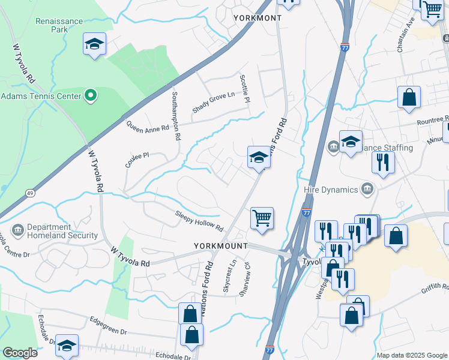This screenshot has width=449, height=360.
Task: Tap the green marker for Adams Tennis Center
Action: point(91,95)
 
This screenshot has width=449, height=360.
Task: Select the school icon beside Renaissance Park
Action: point(94,44)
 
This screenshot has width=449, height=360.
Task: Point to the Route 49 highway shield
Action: point(29,193)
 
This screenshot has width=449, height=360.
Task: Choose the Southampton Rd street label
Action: point(175,116)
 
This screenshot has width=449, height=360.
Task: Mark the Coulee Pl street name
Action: point(137,159)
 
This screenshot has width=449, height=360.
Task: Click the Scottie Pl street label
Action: point(244,88)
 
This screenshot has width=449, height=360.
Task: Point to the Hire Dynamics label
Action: point(330,190)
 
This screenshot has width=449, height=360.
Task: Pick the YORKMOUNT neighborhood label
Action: point(221,246)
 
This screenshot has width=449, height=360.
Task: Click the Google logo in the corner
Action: point(20,353)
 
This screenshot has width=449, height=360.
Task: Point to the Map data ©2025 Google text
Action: point(411,355)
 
